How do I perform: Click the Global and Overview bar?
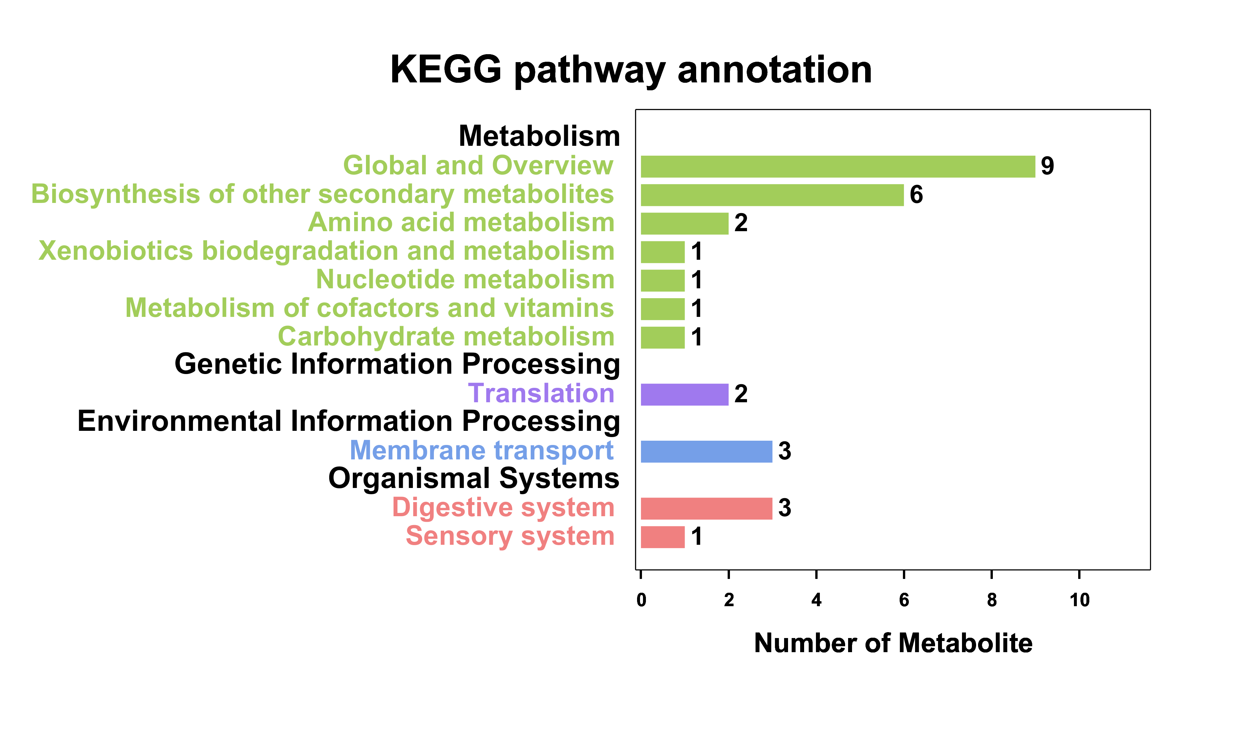(838, 166)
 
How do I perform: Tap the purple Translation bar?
(685, 394)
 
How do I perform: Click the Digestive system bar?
(707, 508)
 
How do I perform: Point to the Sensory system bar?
(663, 537)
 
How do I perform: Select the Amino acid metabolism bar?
(685, 224)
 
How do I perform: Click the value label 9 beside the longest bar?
(1048, 166)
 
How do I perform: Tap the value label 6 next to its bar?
(916, 195)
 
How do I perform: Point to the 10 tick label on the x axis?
(1079, 600)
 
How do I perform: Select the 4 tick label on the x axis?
(817, 600)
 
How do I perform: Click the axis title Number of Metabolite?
(893, 643)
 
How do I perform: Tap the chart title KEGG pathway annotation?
(631, 70)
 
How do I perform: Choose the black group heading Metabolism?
(540, 136)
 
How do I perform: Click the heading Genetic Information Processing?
(397, 364)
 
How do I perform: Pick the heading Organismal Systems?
(474, 479)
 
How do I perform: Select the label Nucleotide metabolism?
(465, 280)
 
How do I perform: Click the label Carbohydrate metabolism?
(446, 337)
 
